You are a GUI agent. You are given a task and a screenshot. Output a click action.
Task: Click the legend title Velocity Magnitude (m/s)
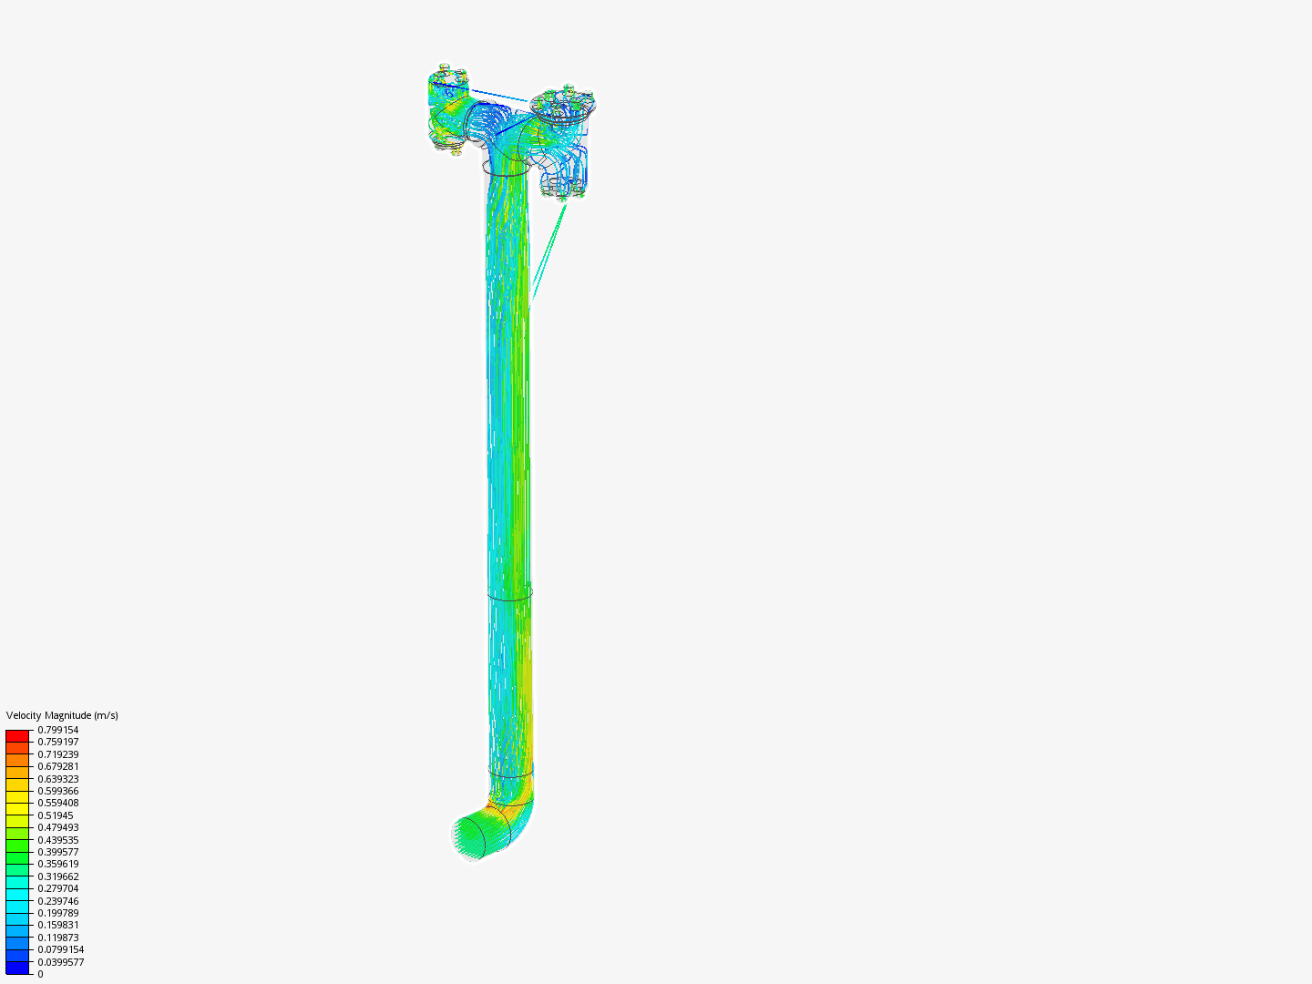click(x=62, y=715)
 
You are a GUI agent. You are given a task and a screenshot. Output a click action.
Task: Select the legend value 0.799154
click(x=58, y=730)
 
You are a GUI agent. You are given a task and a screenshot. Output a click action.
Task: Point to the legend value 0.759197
click(x=58, y=742)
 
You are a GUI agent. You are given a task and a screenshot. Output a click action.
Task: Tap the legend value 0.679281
click(x=58, y=766)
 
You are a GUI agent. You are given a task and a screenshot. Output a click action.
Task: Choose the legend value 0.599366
click(x=58, y=791)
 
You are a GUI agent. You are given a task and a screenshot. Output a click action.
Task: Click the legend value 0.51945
click(x=56, y=815)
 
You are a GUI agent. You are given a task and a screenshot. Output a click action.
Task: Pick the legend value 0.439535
click(x=58, y=840)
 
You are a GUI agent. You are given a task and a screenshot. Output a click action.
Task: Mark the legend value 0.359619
click(x=58, y=864)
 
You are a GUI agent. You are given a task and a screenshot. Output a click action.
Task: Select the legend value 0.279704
click(x=58, y=888)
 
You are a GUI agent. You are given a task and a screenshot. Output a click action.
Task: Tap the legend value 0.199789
click(x=58, y=913)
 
